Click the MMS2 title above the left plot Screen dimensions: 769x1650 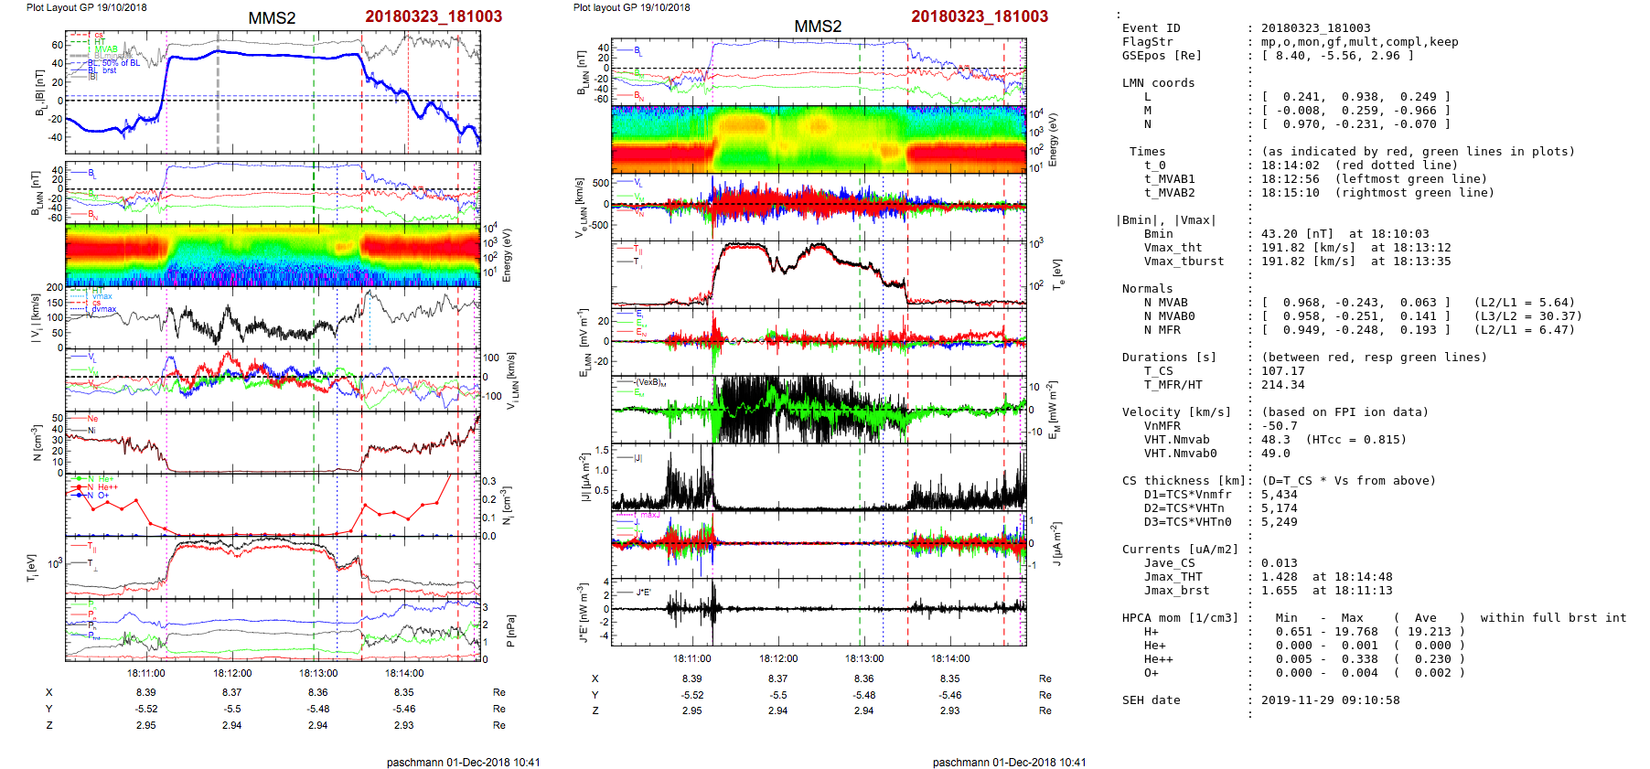coord(272,17)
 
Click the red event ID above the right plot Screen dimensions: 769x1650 coord(980,16)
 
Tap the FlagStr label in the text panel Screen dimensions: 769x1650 coord(1147,42)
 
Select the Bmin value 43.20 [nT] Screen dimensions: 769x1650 coord(1295,234)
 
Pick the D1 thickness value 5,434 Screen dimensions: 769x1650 coord(1280,495)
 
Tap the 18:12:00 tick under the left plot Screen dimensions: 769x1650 coord(232,673)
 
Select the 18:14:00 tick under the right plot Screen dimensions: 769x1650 coord(950,658)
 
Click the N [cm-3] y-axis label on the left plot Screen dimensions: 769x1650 coord(37,443)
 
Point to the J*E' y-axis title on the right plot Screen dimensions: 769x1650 coord(581,612)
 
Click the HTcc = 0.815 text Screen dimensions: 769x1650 coord(1355,440)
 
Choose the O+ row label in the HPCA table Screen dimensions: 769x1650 coord(1151,673)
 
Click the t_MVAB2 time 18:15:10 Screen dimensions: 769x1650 coord(1291,193)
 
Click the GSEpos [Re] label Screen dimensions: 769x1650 coord(1162,56)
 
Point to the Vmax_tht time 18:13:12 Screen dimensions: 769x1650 coord(1403,248)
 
